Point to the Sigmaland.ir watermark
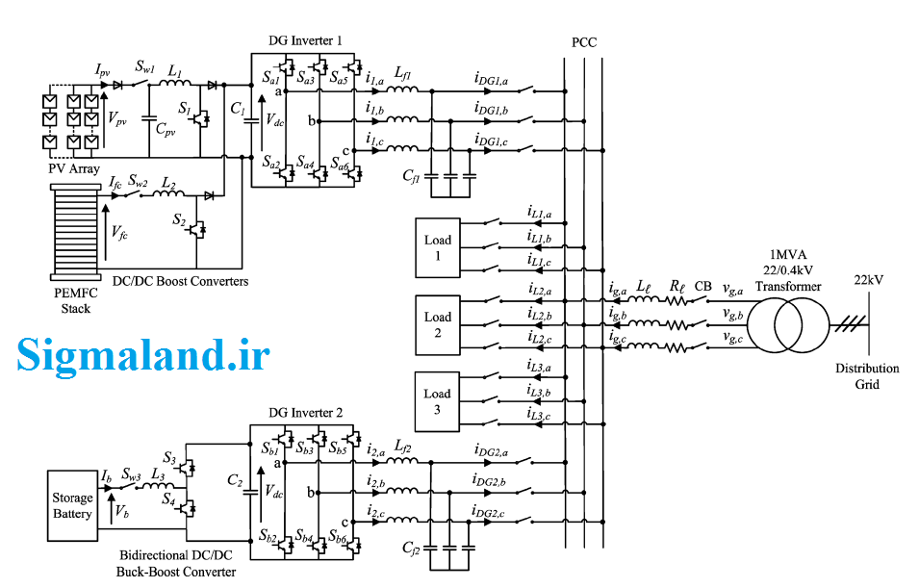143,355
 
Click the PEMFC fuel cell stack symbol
76,232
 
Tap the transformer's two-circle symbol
788,324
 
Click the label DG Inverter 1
305,40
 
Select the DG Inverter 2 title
305,413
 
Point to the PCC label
584,42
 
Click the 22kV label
869,280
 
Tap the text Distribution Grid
867,376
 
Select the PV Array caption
74,168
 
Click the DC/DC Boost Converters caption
180,281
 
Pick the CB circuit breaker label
702,286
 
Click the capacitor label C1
238,108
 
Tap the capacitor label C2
235,481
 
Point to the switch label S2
179,219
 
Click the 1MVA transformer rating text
788,254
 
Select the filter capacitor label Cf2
411,549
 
